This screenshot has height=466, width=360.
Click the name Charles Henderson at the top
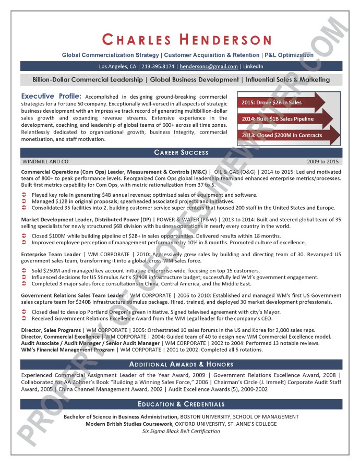pos(187,40)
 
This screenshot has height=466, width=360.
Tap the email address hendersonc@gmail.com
pos(208,66)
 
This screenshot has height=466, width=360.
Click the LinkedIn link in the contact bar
pos(253,66)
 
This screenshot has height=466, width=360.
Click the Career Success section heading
pos(181,152)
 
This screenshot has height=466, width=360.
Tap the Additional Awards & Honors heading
pos(181,364)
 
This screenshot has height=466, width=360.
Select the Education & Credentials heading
pos(181,404)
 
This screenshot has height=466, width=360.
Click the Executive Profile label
pos(51,97)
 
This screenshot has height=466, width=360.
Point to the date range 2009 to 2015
pos(323,162)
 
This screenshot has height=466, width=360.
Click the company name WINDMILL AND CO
pos(45,162)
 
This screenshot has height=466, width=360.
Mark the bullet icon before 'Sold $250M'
pos(25,271)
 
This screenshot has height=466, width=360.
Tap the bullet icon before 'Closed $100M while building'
pos(25,236)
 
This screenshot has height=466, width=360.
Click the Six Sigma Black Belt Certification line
pos(181,432)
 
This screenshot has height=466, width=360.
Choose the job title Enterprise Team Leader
pos(51,254)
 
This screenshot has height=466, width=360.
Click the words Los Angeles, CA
pos(118,66)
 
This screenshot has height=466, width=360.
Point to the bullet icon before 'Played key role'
pos(25,195)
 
